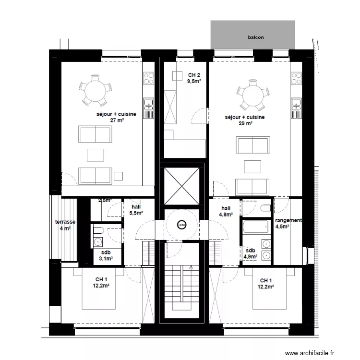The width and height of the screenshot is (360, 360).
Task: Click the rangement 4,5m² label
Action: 288,224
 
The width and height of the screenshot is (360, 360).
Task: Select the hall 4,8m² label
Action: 226,211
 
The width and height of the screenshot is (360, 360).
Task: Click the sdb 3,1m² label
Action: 106,255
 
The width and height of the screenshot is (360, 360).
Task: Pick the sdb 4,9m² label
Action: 251,253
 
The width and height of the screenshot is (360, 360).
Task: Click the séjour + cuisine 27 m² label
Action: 117,117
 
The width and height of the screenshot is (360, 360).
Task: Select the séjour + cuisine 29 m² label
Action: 245,120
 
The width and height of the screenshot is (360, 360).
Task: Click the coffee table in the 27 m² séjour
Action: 96,155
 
